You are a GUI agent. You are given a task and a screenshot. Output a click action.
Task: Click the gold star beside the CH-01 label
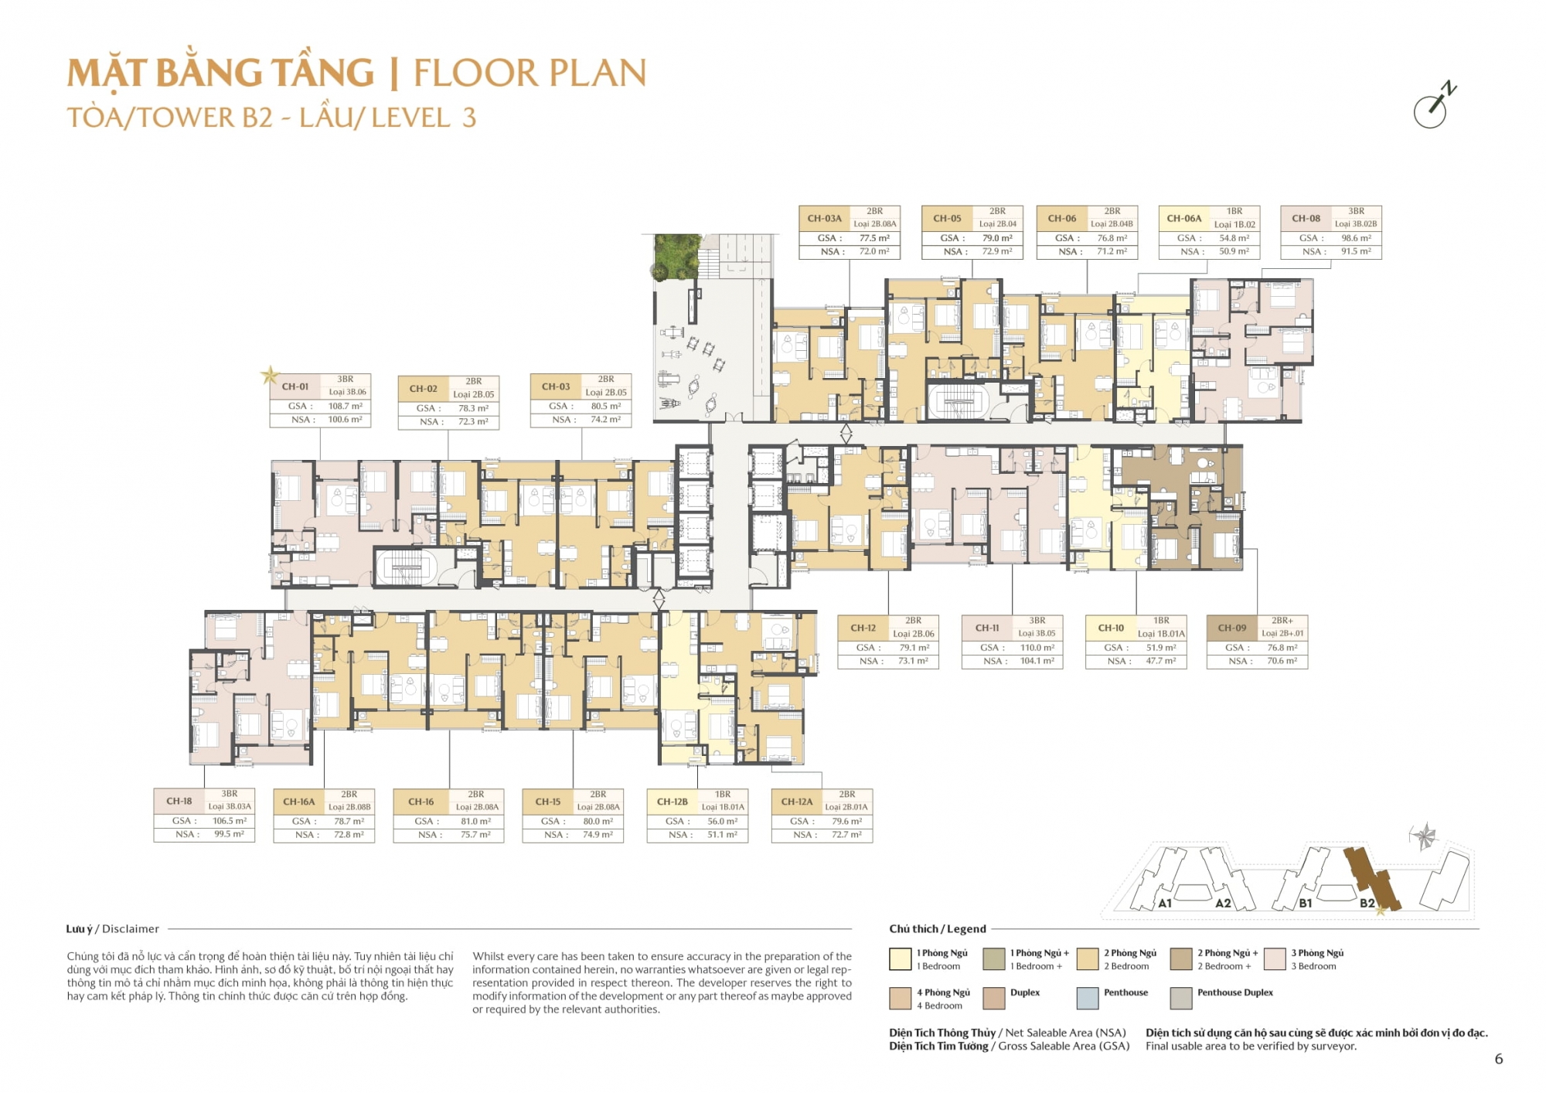coord(270,376)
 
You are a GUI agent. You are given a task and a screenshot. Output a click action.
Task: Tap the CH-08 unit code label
coord(1306,219)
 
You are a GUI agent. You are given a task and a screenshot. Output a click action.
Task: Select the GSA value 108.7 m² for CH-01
coord(345,406)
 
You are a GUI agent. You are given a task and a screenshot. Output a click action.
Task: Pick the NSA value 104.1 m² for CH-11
coord(1037,661)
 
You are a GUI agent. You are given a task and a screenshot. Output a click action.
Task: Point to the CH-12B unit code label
coord(672,802)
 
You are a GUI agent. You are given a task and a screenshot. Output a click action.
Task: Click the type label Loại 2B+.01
coord(1282,633)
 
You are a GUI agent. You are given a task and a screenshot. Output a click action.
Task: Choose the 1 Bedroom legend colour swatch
coord(900,959)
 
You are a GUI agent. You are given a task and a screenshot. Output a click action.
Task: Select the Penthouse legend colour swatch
coord(1088,998)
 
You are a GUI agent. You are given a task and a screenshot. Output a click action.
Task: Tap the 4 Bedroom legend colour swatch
coord(900,998)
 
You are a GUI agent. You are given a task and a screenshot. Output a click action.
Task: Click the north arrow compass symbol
coord(1432,107)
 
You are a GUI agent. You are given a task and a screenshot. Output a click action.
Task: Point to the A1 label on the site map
coord(1164,903)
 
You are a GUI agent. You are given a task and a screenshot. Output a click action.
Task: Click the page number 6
coord(1499,1059)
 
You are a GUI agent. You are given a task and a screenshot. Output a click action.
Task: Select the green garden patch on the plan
coord(677,257)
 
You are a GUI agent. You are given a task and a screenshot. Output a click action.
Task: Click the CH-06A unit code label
coord(1183,219)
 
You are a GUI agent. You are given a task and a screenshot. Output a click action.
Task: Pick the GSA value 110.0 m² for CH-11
coord(1037,648)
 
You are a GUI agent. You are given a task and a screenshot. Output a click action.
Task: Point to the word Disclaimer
coord(131,929)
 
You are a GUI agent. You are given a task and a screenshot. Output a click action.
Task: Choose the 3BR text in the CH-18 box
coord(230,794)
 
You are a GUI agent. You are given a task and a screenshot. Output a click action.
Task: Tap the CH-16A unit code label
coord(298,802)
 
